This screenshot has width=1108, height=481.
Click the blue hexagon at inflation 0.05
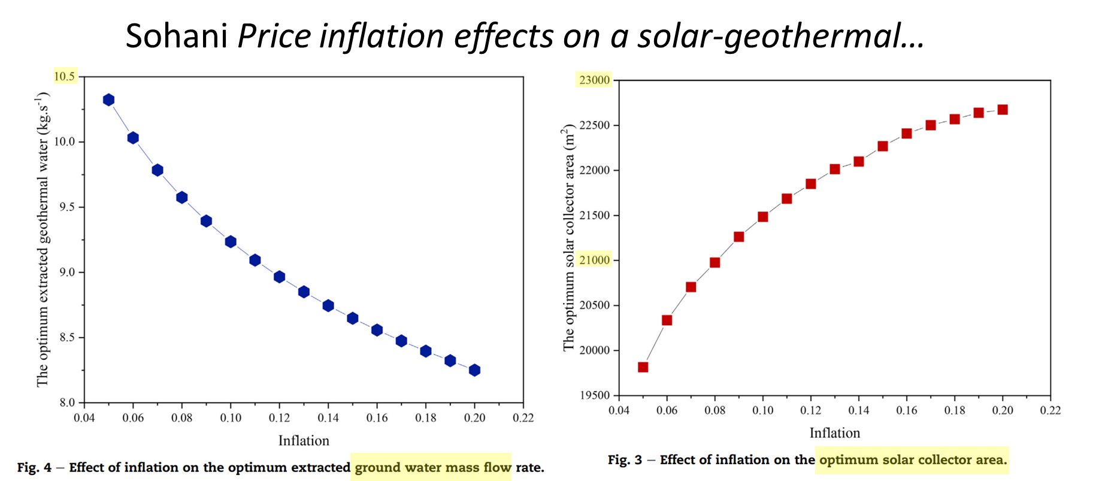(108, 100)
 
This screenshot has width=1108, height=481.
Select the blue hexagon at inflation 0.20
(474, 370)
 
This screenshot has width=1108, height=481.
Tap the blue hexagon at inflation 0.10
(231, 242)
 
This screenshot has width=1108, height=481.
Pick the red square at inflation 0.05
(643, 367)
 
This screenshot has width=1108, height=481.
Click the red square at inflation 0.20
(1003, 110)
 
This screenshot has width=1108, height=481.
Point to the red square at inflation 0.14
(859, 162)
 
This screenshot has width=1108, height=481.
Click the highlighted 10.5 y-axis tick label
(65, 77)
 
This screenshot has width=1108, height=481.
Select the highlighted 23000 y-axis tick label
(594, 80)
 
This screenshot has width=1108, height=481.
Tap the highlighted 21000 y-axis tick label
(594, 260)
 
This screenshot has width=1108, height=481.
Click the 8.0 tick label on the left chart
(67, 403)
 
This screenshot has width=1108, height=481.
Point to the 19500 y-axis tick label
(594, 395)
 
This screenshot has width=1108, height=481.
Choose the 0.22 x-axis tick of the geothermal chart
(523, 418)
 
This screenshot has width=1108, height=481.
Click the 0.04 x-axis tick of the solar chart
(619, 410)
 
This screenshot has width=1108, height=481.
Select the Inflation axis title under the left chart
(304, 441)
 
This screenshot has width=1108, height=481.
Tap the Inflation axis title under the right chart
(834, 433)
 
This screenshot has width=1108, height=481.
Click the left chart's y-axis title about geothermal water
(43, 240)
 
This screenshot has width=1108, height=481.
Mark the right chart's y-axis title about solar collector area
(568, 237)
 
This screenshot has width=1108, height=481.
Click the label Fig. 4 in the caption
(34, 468)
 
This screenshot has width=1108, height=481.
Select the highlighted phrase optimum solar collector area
(913, 460)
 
